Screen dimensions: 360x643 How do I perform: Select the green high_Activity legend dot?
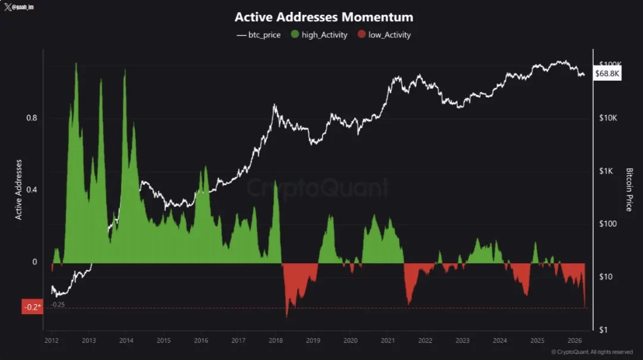(295, 34)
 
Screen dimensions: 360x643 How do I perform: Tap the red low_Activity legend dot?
(361, 34)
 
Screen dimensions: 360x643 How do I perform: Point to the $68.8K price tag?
(607, 74)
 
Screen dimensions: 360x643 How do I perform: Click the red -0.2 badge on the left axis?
(32, 307)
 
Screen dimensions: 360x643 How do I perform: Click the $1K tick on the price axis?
(606, 171)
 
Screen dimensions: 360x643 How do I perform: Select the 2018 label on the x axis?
(276, 340)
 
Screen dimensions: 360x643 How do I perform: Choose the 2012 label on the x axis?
(51, 340)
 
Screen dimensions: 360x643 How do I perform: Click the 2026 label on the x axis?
(575, 340)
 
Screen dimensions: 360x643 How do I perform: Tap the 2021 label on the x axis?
(388, 340)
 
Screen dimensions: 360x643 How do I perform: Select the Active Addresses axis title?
(18, 190)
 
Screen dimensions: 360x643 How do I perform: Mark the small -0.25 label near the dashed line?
(58, 304)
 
